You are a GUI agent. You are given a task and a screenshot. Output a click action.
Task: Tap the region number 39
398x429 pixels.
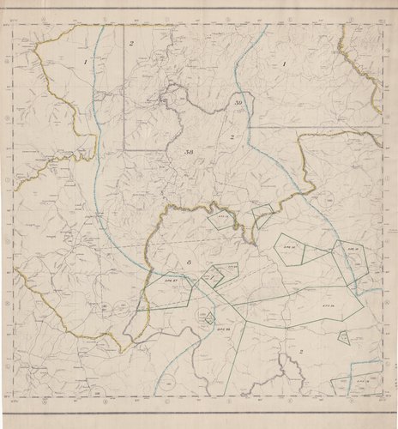239,103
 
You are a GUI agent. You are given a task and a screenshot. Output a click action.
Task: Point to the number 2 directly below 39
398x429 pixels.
232,136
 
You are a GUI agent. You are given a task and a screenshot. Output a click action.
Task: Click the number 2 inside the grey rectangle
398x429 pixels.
132,43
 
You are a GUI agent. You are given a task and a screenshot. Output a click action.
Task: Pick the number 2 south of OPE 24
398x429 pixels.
301,352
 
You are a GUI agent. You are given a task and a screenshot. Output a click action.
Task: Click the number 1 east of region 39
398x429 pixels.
285,63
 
